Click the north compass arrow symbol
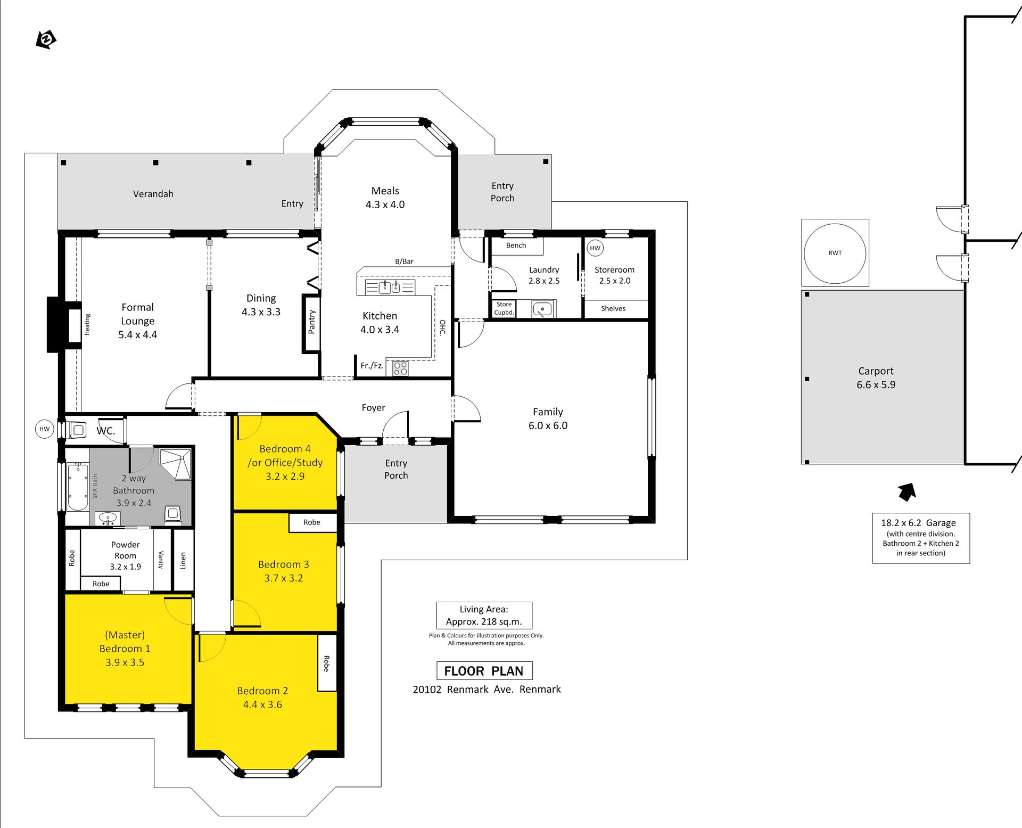(x=46, y=39)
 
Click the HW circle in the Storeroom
(x=595, y=248)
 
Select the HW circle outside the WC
(x=45, y=429)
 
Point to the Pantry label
(x=312, y=322)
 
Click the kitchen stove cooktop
(x=401, y=368)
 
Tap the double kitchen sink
(x=389, y=288)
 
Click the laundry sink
(x=542, y=309)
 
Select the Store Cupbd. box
(x=504, y=309)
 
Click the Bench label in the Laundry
(x=516, y=245)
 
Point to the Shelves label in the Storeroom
(x=613, y=308)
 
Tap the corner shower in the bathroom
(x=175, y=465)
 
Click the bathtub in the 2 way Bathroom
(x=78, y=487)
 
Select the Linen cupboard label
(x=183, y=561)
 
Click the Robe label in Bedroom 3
(x=312, y=522)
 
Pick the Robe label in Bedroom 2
(x=326, y=663)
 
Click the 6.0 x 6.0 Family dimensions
(x=548, y=425)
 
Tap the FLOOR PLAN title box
(x=484, y=671)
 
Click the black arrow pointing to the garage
(x=907, y=492)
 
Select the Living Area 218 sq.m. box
(x=484, y=616)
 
